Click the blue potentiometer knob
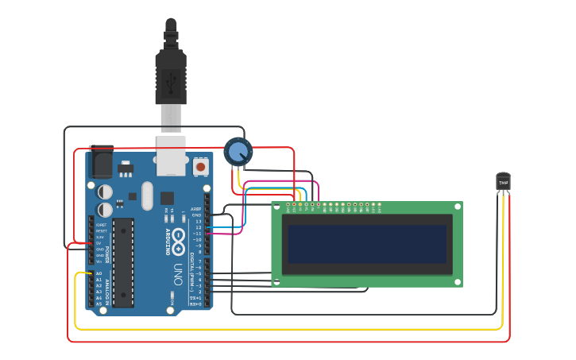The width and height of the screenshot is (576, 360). click(238, 151)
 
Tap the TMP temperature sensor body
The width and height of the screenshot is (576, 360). click(503, 182)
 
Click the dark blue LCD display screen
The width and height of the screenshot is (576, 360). click(366, 244)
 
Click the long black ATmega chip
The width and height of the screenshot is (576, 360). click(123, 263)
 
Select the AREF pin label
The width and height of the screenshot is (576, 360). click(196, 209)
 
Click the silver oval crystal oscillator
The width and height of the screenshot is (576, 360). click(147, 196)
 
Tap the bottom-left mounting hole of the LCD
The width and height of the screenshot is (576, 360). click(276, 281)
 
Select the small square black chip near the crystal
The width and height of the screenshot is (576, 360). click(167, 198)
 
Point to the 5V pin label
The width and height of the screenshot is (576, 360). click(99, 243)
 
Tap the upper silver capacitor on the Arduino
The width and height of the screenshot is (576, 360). click(105, 192)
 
